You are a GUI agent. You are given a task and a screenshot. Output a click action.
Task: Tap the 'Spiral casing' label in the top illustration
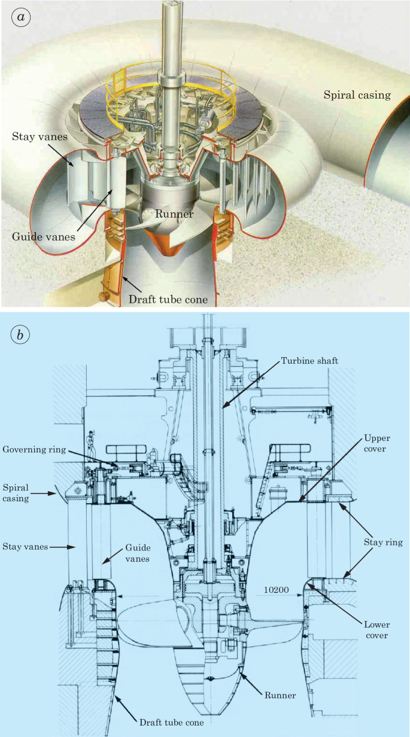pos(357,95)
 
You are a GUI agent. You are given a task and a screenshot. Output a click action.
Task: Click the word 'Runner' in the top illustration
pos(175,214)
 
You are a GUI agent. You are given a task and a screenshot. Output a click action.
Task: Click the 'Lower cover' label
pos(375,630)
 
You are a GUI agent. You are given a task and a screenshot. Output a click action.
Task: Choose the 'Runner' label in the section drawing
pos(281,695)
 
